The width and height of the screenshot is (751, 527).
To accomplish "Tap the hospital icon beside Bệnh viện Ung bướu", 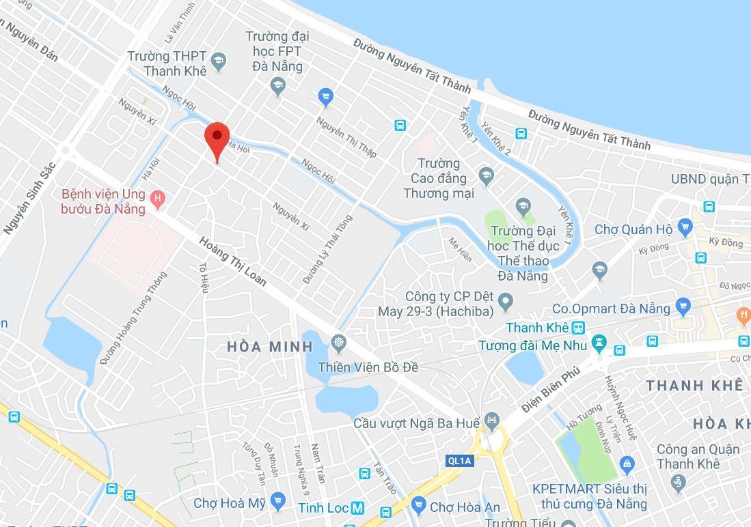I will [x=158, y=199].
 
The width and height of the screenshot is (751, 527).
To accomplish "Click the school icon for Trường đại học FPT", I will [x=277, y=86].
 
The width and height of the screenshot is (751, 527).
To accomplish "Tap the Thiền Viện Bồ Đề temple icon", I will [x=338, y=342].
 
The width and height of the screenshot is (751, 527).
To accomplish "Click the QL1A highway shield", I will [x=459, y=461].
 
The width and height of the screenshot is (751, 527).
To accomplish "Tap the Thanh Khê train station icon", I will [x=579, y=328].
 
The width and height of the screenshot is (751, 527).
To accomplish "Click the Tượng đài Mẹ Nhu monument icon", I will [x=599, y=343].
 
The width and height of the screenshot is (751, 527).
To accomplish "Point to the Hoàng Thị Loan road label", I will [x=233, y=261].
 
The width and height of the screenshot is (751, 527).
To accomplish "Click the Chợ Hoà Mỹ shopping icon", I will [x=277, y=502].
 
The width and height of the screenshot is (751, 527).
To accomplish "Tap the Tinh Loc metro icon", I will [x=357, y=509].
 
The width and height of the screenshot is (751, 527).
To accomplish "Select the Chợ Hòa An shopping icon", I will [x=418, y=506].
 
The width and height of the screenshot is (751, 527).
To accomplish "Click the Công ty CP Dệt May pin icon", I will [x=506, y=300].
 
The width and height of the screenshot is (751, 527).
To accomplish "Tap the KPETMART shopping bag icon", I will [x=627, y=465].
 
